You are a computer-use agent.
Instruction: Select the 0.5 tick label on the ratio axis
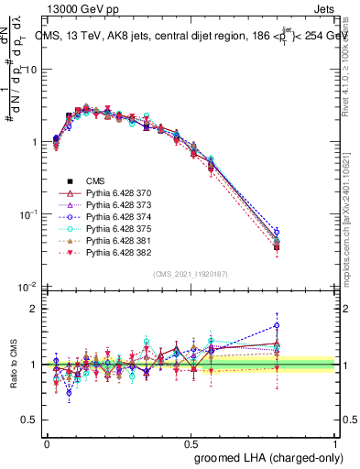[32, 420]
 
